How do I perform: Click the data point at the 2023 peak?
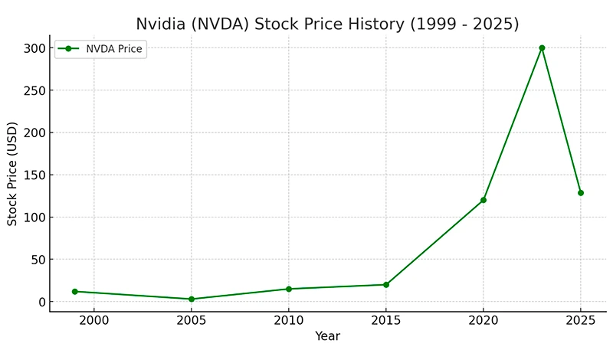pos(542,47)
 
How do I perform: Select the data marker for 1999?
pos(74,292)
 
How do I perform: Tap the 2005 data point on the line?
pos(191,299)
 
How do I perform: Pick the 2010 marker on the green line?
pos(289,289)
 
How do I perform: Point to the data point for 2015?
pos(386,285)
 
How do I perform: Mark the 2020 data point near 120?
pos(484,200)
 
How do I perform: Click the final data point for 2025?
pos(581,193)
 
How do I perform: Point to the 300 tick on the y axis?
pos(33,48)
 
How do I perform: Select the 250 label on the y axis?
pos(33,90)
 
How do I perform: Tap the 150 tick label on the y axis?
pos(33,175)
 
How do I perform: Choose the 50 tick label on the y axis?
pos(36,260)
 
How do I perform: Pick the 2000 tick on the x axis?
pos(94,319)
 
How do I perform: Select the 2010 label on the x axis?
pos(289,319)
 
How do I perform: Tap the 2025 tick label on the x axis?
pos(581,319)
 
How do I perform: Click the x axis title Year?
pos(327,335)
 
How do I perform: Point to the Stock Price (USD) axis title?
pos(12,175)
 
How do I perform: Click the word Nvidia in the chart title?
pos(162,24)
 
